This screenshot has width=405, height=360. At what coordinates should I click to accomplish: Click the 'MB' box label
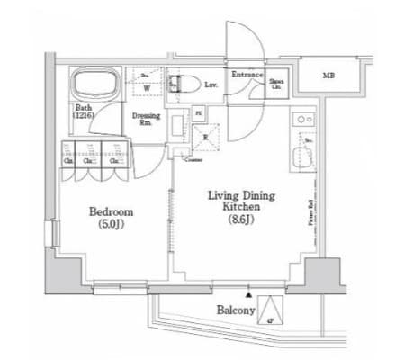331,76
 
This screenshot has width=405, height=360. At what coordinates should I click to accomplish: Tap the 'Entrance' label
247,74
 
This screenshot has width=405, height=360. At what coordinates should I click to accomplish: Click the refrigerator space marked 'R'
205,136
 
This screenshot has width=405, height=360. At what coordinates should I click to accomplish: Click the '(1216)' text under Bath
85,115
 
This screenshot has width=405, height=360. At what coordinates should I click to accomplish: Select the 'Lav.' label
211,85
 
